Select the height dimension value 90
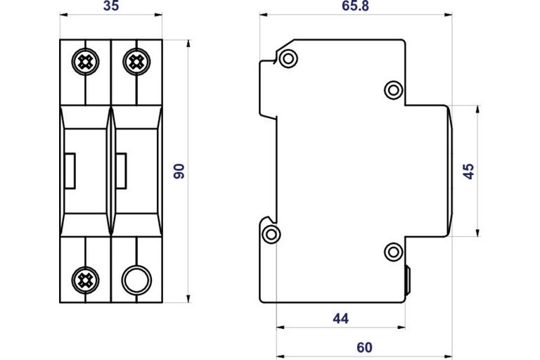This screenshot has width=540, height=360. (x=179, y=171)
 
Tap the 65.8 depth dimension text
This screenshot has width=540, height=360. (x=356, y=7)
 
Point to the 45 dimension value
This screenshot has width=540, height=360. (x=469, y=171)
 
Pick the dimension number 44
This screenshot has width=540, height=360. (x=340, y=319)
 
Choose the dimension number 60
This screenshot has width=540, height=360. (x=364, y=347)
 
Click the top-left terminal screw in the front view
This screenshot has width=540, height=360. (x=85, y=61)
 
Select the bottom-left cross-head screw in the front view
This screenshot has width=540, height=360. (x=85, y=280)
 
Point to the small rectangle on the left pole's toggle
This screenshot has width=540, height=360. (x=71, y=171)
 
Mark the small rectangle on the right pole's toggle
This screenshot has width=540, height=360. (x=122, y=171)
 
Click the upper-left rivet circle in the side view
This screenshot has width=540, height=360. (x=286, y=58)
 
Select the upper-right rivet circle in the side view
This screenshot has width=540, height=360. (x=394, y=89)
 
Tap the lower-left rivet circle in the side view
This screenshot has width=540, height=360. (x=271, y=234)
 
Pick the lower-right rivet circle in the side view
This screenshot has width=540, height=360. (x=394, y=251)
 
